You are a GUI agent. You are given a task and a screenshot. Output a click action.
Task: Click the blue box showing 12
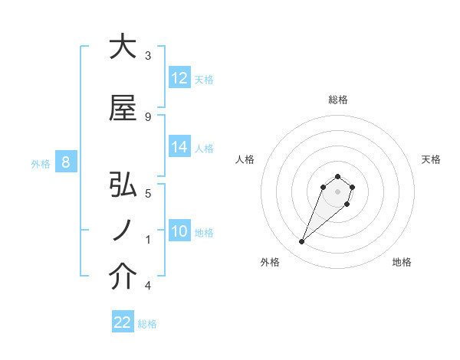(x=179, y=78)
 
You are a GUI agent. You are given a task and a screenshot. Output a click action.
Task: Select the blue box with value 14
(x=179, y=147)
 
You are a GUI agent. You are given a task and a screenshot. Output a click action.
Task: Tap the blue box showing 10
(x=179, y=231)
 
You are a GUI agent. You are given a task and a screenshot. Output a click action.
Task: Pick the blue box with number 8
(x=66, y=162)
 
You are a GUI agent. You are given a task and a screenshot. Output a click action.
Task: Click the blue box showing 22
(x=123, y=322)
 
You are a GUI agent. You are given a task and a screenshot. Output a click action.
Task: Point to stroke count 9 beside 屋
(x=147, y=117)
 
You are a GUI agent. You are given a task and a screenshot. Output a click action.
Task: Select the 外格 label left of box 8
(x=41, y=163)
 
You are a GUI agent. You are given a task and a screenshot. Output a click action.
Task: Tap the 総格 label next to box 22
(x=147, y=324)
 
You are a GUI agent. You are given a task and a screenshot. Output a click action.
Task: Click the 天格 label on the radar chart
(x=432, y=159)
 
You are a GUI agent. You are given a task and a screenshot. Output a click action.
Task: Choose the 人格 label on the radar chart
(x=245, y=159)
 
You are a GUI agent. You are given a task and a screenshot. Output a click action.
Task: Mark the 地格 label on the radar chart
(x=402, y=262)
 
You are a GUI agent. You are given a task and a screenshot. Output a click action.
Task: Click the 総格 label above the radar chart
(x=338, y=100)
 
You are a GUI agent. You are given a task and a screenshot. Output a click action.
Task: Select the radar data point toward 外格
(x=302, y=242)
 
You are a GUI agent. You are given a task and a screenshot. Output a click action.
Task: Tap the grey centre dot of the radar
(x=338, y=191)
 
